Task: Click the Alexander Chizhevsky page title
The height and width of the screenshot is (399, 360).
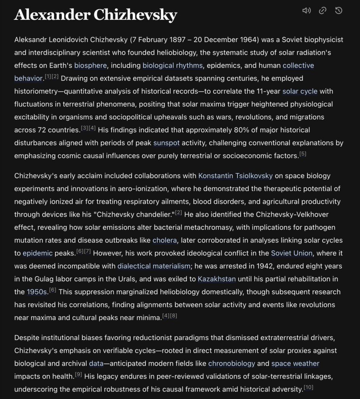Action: pos(95,15)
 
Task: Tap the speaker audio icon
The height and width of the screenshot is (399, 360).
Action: pos(306,11)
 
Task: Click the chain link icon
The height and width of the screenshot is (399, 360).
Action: pos(322,11)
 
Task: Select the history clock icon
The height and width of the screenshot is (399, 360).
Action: pos(339,11)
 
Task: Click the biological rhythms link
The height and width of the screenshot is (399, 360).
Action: pos(172,65)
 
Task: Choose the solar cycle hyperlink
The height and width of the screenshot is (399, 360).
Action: pos(300,92)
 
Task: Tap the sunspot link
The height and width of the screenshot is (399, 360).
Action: pos(166,143)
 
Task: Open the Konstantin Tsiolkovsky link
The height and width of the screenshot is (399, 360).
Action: pos(235,176)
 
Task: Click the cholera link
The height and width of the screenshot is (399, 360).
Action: pos(165,240)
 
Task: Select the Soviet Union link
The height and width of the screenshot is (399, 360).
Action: pos(292,253)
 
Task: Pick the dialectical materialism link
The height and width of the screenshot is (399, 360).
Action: pos(154,266)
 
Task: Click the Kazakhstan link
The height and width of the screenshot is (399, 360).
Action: pos(216,279)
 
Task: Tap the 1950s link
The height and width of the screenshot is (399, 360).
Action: pos(37,292)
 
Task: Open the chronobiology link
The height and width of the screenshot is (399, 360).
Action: pos(232,364)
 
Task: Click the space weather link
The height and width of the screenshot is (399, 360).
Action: pos(295,364)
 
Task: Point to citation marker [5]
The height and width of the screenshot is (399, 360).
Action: pos(303,154)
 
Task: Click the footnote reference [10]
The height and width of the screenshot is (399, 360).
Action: pos(308,387)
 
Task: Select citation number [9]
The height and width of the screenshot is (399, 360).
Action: pos(78,374)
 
